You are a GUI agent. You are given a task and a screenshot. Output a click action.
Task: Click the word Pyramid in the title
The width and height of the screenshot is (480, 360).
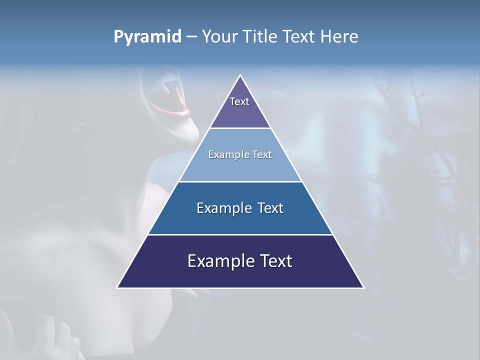[147, 37]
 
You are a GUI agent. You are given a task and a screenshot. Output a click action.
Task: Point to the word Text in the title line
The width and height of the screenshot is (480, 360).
[299, 37]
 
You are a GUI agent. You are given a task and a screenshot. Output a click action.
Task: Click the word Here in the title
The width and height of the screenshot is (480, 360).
[339, 37]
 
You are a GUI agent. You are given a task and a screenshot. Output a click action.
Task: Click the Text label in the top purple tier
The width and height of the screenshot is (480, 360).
[239, 101]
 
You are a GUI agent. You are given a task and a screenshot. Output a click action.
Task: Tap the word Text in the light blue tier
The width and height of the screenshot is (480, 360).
[262, 154]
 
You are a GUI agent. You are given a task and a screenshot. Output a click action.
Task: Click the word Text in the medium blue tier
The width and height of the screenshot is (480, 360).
[270, 208]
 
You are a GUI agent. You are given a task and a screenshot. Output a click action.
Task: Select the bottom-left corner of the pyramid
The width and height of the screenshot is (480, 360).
[117, 287]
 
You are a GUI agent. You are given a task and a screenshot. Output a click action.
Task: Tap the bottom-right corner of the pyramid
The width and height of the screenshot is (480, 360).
[363, 287]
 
